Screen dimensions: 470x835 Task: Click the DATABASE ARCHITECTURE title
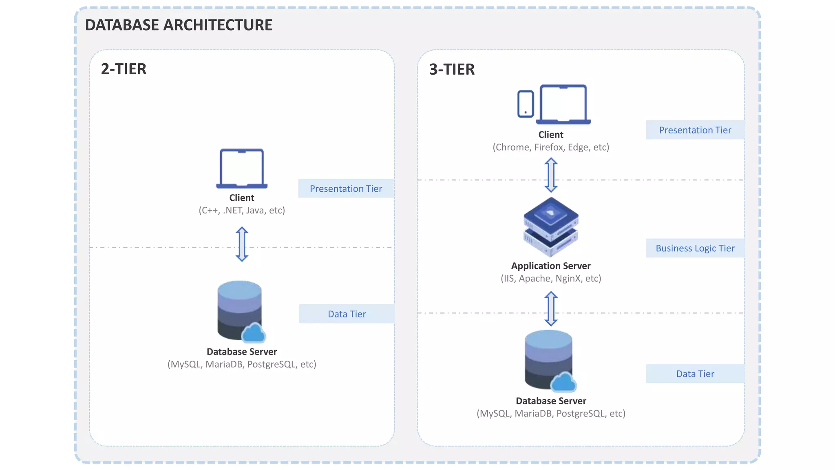(x=178, y=25)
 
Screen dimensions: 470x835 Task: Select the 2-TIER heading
(x=124, y=69)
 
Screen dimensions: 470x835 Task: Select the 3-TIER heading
(x=452, y=69)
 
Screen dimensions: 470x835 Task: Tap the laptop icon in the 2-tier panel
(x=242, y=168)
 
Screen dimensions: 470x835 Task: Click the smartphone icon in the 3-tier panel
(x=525, y=104)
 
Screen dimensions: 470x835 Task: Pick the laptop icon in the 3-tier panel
(x=563, y=104)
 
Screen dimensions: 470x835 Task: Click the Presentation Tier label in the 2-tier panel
(x=346, y=188)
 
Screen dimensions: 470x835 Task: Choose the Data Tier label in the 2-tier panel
(x=347, y=314)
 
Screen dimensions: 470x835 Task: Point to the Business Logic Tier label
(x=695, y=248)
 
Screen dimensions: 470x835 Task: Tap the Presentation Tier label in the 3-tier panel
(x=695, y=130)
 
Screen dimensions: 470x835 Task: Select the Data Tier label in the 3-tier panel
(x=695, y=374)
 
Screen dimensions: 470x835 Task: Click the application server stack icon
(x=551, y=226)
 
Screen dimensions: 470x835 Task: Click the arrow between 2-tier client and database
(x=242, y=244)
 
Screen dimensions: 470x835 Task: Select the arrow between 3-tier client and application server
(x=551, y=175)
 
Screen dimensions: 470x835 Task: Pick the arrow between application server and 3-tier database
(x=551, y=308)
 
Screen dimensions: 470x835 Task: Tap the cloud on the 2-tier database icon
(x=254, y=333)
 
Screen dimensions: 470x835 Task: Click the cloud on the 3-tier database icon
(x=563, y=382)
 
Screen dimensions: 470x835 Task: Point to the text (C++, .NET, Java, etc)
(x=242, y=211)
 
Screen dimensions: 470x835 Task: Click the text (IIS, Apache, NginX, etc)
(x=551, y=279)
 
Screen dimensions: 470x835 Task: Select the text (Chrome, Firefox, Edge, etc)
(x=551, y=147)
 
